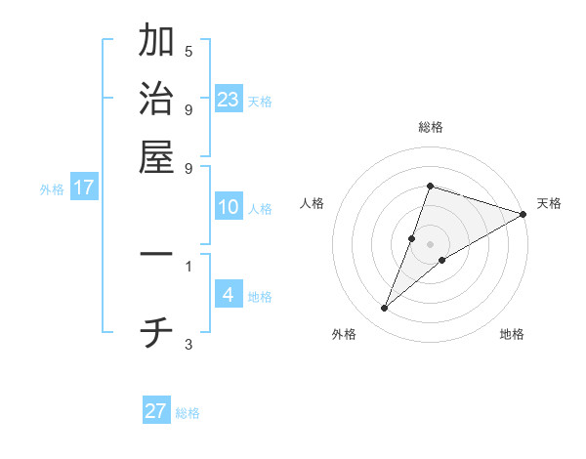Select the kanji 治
(156, 100)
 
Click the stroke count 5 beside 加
(188, 51)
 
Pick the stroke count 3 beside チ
(188, 344)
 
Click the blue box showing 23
(229, 100)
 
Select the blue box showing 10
(229, 207)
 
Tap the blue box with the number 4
(229, 295)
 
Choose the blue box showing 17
(84, 188)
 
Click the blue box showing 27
(156, 411)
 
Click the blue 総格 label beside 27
(188, 413)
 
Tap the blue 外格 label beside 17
(52, 189)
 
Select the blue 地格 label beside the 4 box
(260, 297)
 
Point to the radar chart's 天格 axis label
(549, 203)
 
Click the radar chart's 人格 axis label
(313, 203)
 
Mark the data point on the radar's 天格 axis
(523, 214)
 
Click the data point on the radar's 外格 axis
(384, 309)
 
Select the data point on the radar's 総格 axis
(430, 186)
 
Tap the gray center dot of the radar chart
(430, 244)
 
